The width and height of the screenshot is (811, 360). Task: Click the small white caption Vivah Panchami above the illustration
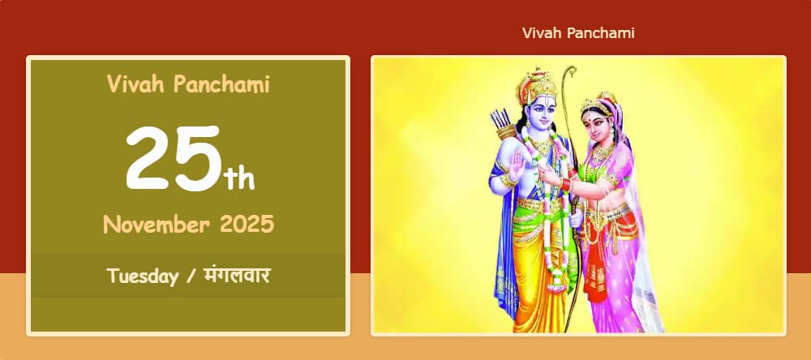point(578,33)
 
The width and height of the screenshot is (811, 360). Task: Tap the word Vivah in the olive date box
point(136,84)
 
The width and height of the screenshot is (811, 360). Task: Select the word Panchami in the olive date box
point(221,84)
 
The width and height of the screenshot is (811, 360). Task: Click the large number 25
point(174,158)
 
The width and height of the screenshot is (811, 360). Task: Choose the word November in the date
point(157,225)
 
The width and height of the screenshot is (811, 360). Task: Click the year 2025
point(247,225)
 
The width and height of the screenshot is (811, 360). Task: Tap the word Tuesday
point(142,276)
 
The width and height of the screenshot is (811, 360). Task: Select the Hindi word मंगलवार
point(237,275)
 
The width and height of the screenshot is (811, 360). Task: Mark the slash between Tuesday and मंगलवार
point(191,276)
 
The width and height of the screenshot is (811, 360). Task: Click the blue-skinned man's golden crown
point(537,86)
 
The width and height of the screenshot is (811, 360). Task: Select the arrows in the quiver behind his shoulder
point(500,120)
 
